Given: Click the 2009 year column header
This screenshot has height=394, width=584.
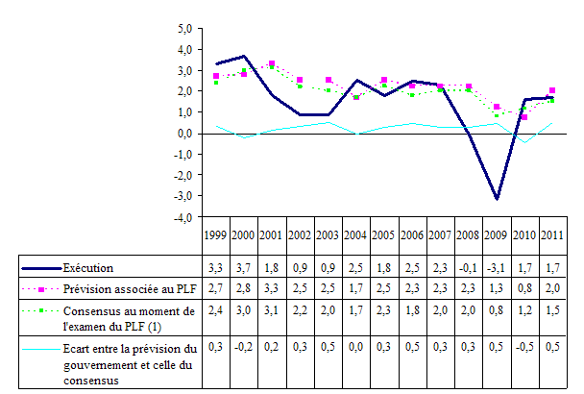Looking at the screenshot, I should (496, 235).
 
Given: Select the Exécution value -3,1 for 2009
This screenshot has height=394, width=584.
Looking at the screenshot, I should (496, 266).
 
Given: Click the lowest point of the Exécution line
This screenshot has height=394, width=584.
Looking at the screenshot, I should (497, 199).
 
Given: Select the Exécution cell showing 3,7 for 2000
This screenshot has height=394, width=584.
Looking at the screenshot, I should (245, 266).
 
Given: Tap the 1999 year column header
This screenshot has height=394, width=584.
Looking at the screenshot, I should (216, 235).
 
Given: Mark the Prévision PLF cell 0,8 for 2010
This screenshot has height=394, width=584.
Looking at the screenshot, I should (523, 287).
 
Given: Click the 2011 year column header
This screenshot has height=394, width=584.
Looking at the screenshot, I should (551, 235).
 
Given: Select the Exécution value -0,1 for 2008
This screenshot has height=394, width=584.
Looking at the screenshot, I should (468, 266).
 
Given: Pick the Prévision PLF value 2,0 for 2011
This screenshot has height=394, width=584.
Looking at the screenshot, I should (551, 287).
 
